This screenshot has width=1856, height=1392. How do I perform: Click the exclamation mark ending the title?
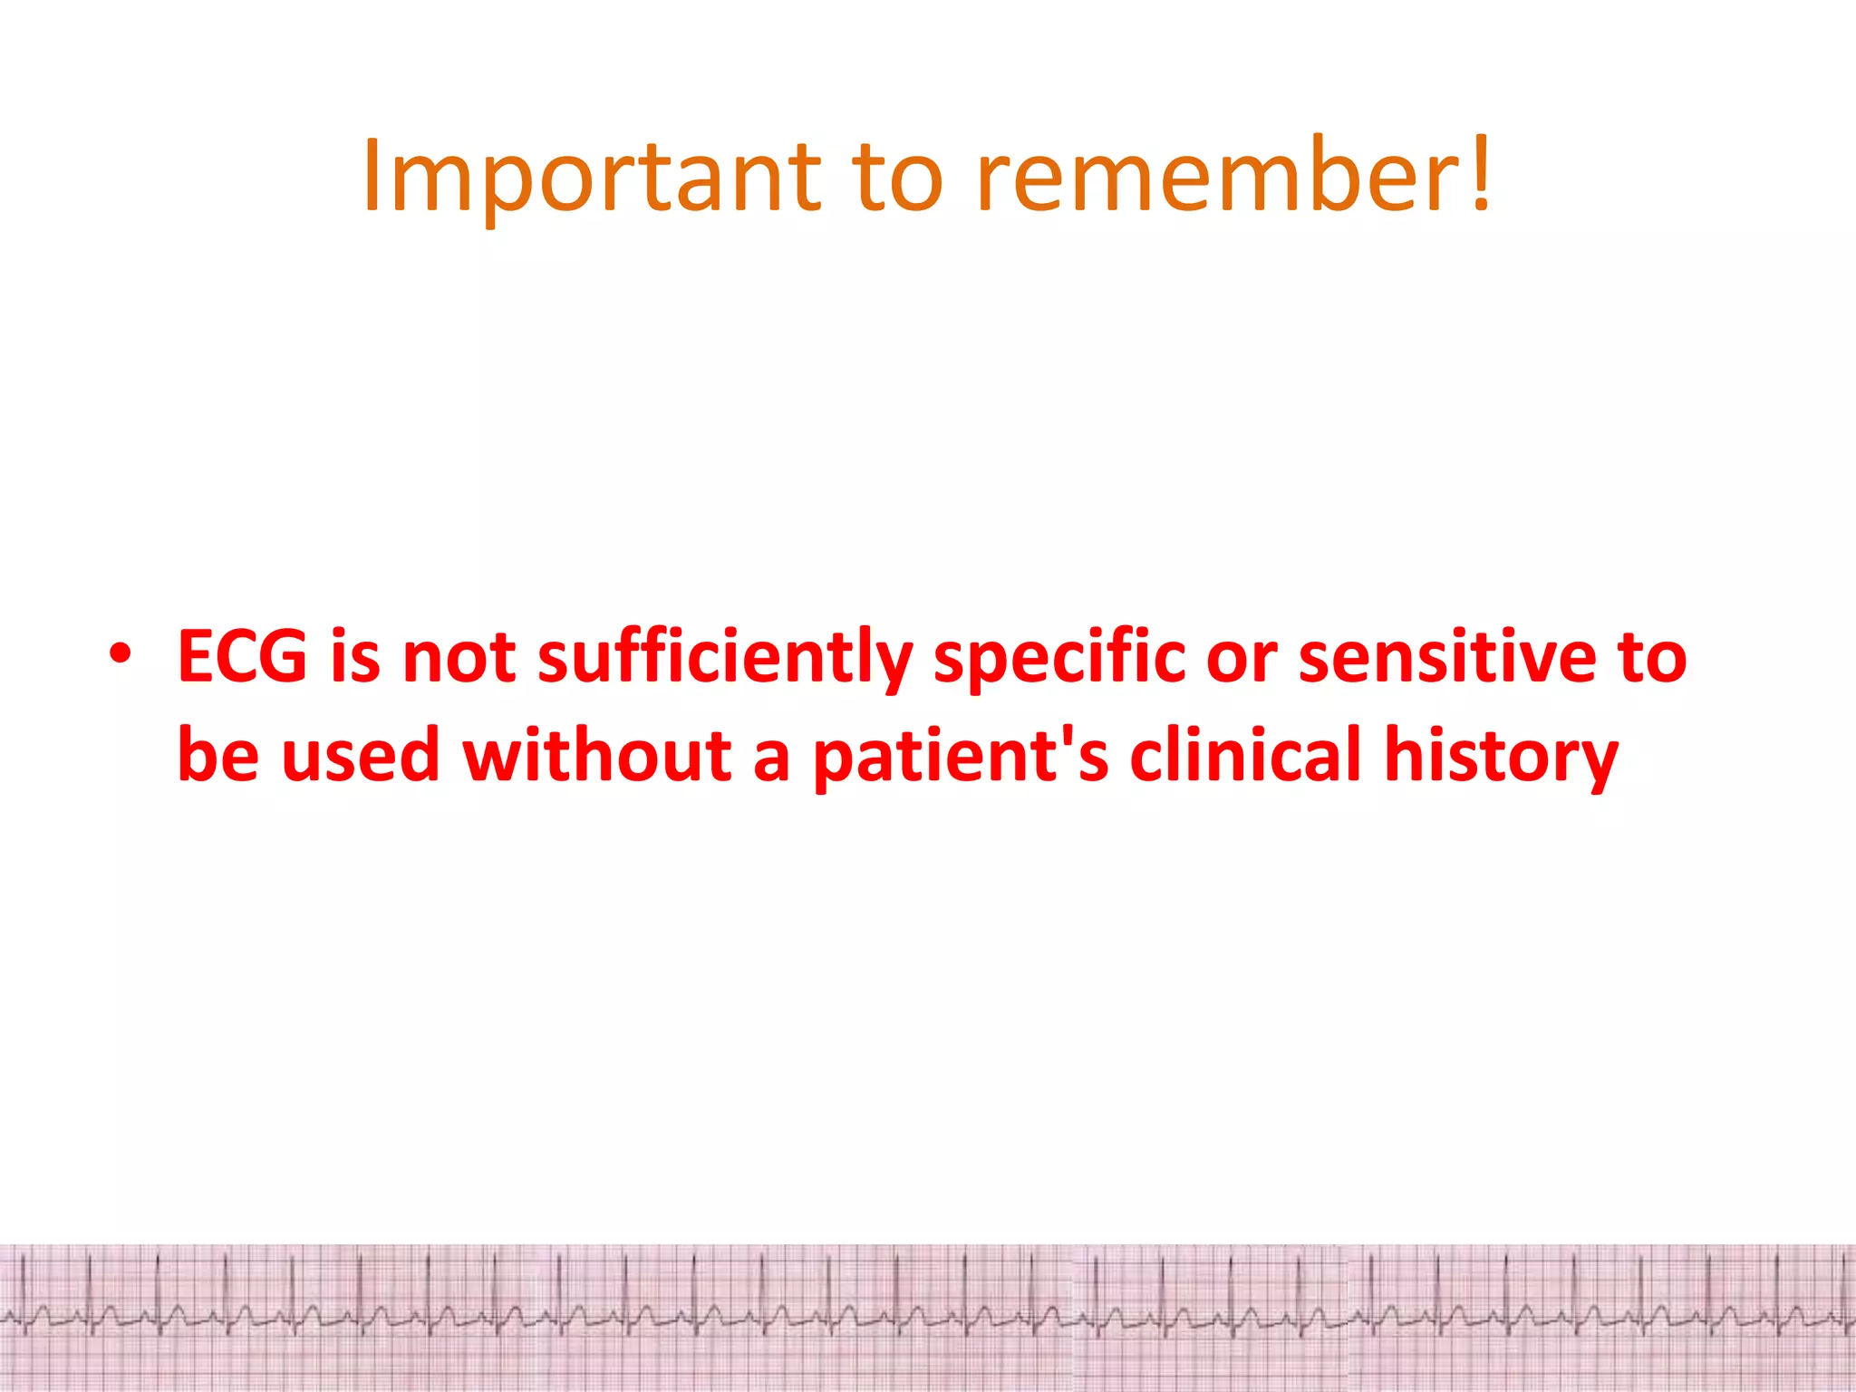click(x=1480, y=172)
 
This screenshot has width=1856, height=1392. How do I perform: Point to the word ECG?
click(x=243, y=656)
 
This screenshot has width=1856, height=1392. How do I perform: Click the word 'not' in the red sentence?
click(x=459, y=656)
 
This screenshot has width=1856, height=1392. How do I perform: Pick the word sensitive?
click(x=1447, y=656)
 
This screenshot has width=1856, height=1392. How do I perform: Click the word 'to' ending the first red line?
click(x=1652, y=656)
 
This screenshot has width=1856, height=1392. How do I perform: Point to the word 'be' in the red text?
click(x=217, y=754)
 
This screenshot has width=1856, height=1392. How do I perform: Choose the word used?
click(x=361, y=754)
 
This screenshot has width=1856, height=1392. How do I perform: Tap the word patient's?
click(x=961, y=756)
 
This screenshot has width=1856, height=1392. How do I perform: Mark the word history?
click(x=1501, y=756)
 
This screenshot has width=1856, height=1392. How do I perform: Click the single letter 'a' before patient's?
click(x=771, y=759)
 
